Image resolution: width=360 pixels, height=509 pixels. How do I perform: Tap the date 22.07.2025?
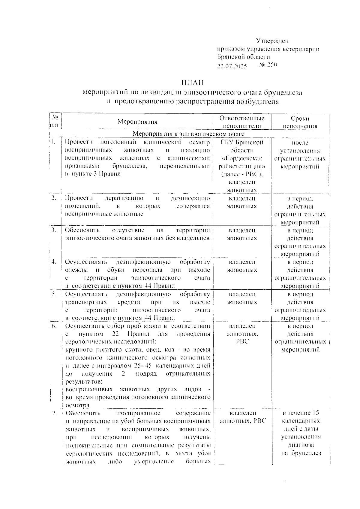click(x=232, y=66)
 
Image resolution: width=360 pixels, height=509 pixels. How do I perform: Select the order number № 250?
click(x=268, y=65)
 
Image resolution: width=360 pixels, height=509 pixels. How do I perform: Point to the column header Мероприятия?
click(x=137, y=122)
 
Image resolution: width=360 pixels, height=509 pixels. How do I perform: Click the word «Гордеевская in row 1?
click(x=242, y=158)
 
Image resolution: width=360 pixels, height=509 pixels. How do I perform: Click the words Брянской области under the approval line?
click(x=244, y=57)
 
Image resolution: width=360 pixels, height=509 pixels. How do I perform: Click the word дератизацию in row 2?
click(x=124, y=198)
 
